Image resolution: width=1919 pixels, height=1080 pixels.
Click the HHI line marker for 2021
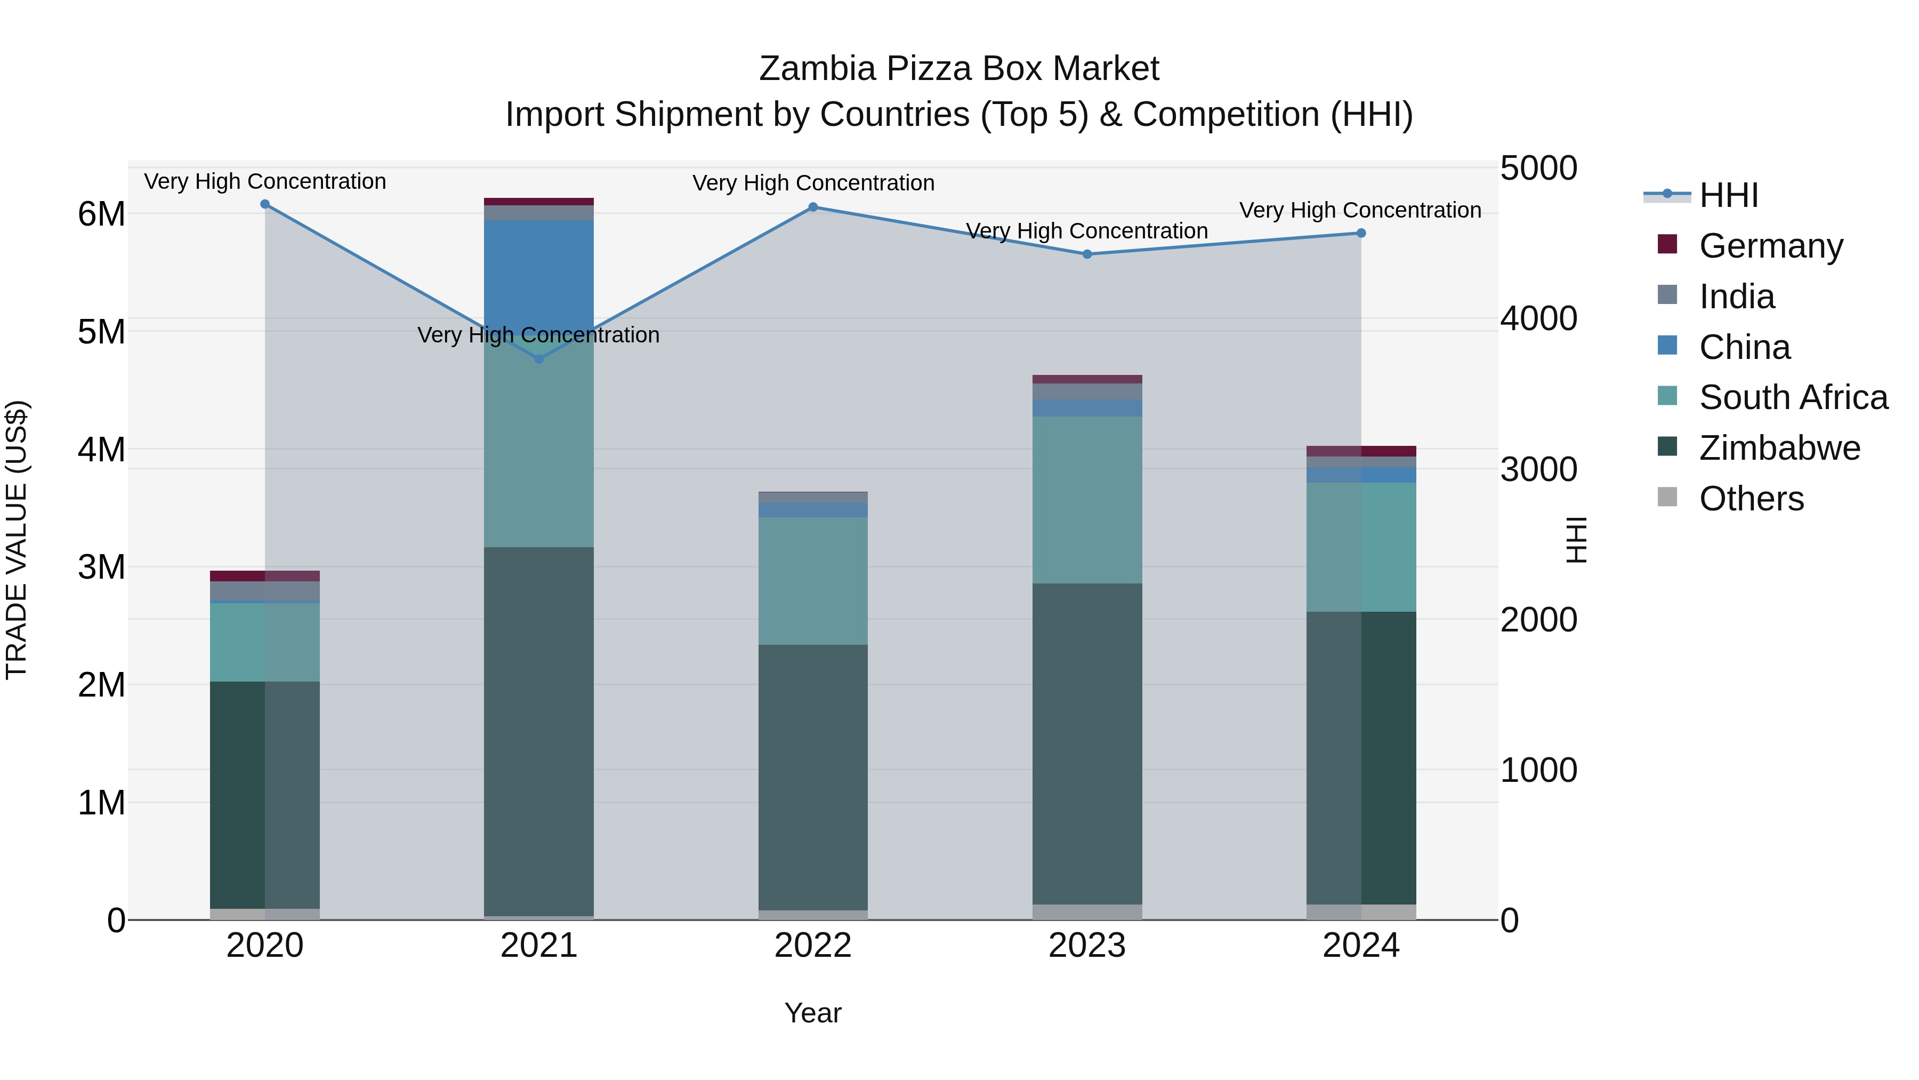pyautogui.click(x=539, y=359)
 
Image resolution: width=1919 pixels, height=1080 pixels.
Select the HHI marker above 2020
pyautogui.click(x=265, y=204)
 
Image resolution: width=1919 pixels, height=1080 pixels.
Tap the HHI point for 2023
pyautogui.click(x=1087, y=254)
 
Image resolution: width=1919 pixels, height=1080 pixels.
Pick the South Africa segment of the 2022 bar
pyautogui.click(x=813, y=581)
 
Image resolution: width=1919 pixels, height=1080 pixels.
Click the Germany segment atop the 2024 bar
pyautogui.click(x=1361, y=451)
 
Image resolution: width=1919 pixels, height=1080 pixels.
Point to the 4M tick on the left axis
pyautogui.click(x=101, y=450)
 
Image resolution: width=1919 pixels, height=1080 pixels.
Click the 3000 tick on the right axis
pyautogui.click(x=1538, y=469)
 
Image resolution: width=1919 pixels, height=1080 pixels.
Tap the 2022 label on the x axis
pyautogui.click(x=813, y=946)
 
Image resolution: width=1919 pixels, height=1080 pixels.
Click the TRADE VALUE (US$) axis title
pyautogui.click(x=17, y=540)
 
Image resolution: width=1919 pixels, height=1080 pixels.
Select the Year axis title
pyautogui.click(x=813, y=1013)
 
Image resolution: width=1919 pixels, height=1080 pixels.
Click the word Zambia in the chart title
pyautogui.click(x=817, y=69)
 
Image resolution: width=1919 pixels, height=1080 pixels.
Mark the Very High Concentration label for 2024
pyautogui.click(x=1360, y=210)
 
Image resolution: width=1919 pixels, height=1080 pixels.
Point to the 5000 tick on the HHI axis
pyautogui.click(x=1538, y=169)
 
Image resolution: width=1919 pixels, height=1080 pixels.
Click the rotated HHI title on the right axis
pyautogui.click(x=1576, y=540)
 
